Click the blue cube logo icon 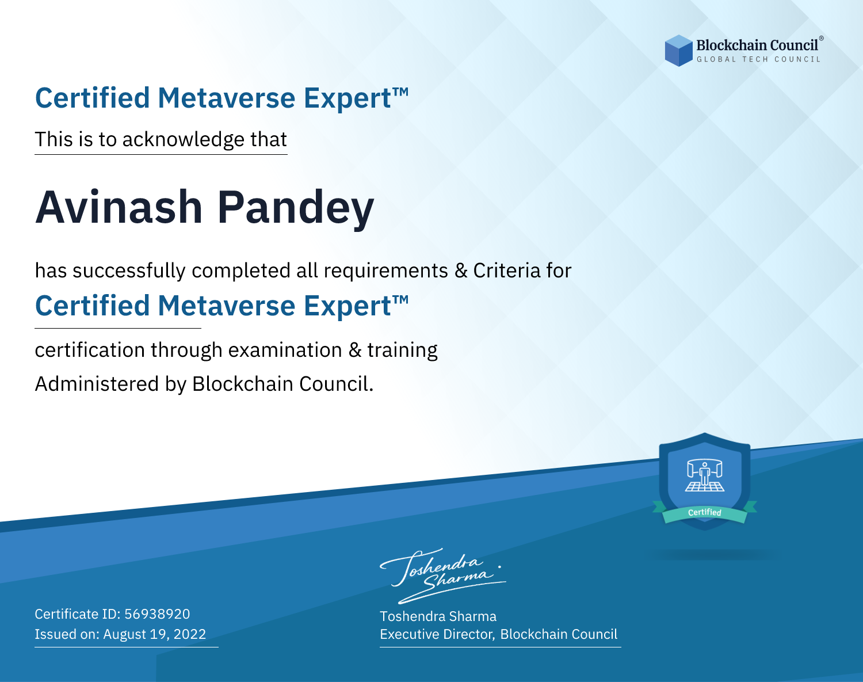678,51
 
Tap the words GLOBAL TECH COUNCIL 759,59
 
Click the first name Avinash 119,207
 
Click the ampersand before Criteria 461,270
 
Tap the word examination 285,350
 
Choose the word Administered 97,383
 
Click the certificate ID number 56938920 157,614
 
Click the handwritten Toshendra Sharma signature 443,576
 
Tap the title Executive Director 436,634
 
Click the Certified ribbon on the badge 705,512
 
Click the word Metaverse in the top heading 227,98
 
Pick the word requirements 386,271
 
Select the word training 403,350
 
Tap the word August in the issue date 125,635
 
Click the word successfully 129,271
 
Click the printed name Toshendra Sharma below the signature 438,616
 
